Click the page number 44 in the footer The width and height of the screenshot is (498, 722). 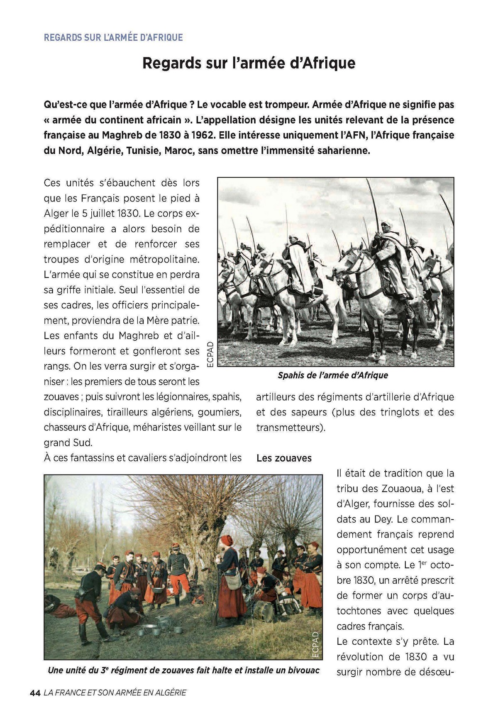click(x=35, y=693)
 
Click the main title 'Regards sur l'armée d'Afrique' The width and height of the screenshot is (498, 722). click(x=249, y=63)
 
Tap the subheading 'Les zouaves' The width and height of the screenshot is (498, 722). click(x=284, y=458)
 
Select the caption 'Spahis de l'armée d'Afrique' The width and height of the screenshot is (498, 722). click(x=333, y=376)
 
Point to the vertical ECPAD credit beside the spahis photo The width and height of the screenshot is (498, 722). click(x=210, y=354)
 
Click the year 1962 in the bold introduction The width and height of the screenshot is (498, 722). click(x=203, y=135)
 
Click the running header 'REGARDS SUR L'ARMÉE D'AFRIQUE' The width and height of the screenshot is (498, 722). click(x=113, y=37)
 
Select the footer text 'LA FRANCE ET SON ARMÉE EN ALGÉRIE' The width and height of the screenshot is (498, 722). click(x=115, y=693)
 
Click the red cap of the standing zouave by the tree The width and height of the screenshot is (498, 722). click(x=227, y=540)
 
